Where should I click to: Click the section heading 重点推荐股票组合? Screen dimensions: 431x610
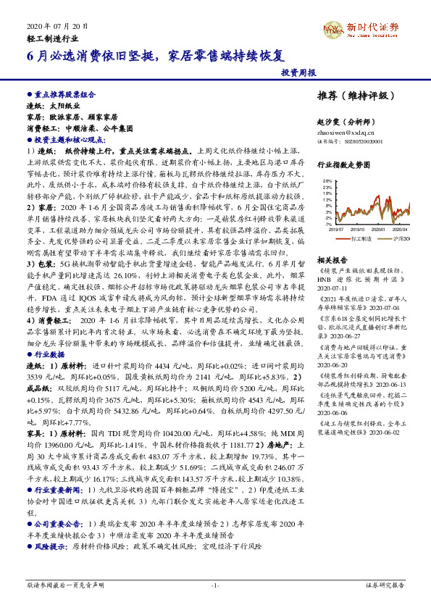pos(66,94)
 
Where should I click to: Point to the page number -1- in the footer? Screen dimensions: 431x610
pos(215,584)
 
